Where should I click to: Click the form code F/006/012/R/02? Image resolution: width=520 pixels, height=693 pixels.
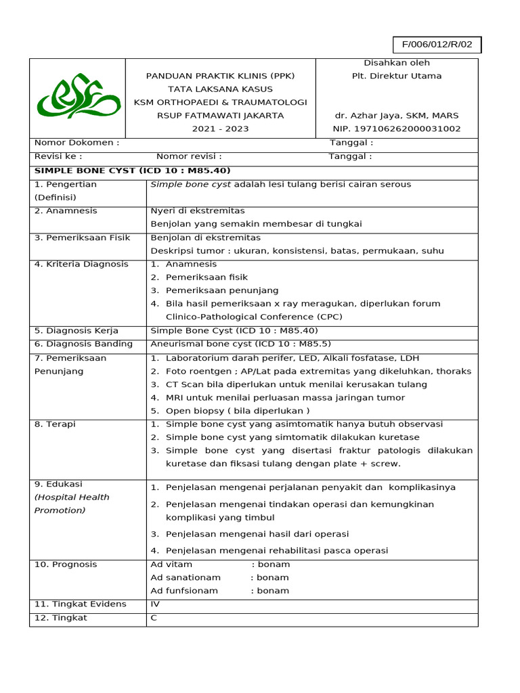pos(437,45)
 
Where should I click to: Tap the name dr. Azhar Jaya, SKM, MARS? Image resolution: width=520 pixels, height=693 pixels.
pos(396,115)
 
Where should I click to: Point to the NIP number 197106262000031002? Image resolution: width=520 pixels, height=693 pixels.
pos(396,128)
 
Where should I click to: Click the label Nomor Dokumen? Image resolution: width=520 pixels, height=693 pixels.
pos(77,143)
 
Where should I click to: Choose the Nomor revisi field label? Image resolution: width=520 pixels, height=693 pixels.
pos(189,156)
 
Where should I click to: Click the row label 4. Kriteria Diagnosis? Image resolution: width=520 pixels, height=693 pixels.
pos(81,264)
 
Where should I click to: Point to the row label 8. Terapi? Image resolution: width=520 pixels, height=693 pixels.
pos(55,424)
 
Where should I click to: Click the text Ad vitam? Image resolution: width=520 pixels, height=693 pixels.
pos(171,564)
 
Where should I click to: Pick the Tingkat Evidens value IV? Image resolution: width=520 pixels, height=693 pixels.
pos(154,604)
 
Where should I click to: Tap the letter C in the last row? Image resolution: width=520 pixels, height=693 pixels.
pos(154,617)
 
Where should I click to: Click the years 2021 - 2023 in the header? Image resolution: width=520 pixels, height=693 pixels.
pos(220,128)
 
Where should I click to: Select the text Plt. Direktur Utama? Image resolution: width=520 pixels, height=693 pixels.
pos(396,76)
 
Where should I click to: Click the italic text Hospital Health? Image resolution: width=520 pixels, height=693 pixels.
pos(72,497)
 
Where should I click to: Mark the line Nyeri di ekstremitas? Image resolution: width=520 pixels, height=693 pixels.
pos(198,210)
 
